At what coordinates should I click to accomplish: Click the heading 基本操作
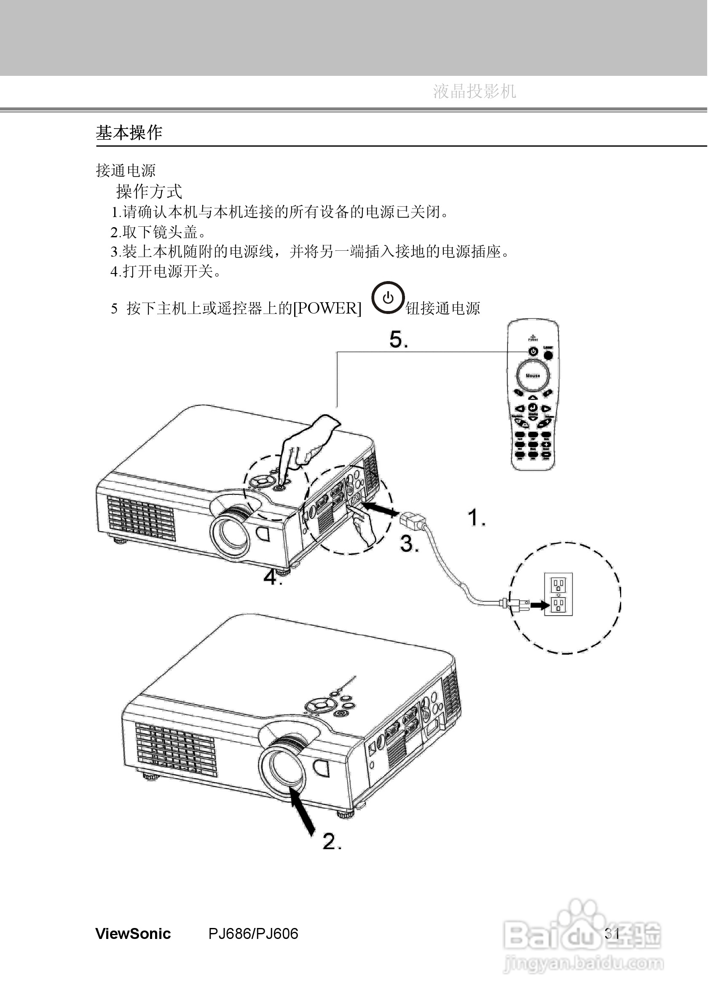pyautogui.click(x=129, y=133)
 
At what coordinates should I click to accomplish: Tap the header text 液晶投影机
pyautogui.click(x=475, y=91)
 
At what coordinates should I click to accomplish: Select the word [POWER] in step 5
pyautogui.click(x=327, y=308)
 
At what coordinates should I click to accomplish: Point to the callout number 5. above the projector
pyautogui.click(x=398, y=339)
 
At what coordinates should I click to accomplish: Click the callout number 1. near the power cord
pyautogui.click(x=476, y=518)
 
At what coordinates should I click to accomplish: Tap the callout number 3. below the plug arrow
pyautogui.click(x=409, y=544)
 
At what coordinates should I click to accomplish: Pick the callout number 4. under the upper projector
pyautogui.click(x=272, y=577)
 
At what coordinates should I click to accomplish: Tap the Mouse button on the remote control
pyautogui.click(x=532, y=375)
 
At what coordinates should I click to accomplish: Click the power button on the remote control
pyautogui.click(x=533, y=351)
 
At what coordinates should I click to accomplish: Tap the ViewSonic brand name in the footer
pyautogui.click(x=133, y=933)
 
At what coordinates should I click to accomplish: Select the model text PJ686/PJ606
pyautogui.click(x=253, y=933)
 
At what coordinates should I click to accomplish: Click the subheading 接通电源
pyautogui.click(x=126, y=170)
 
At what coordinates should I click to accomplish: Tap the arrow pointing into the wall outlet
pyautogui.click(x=539, y=605)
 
